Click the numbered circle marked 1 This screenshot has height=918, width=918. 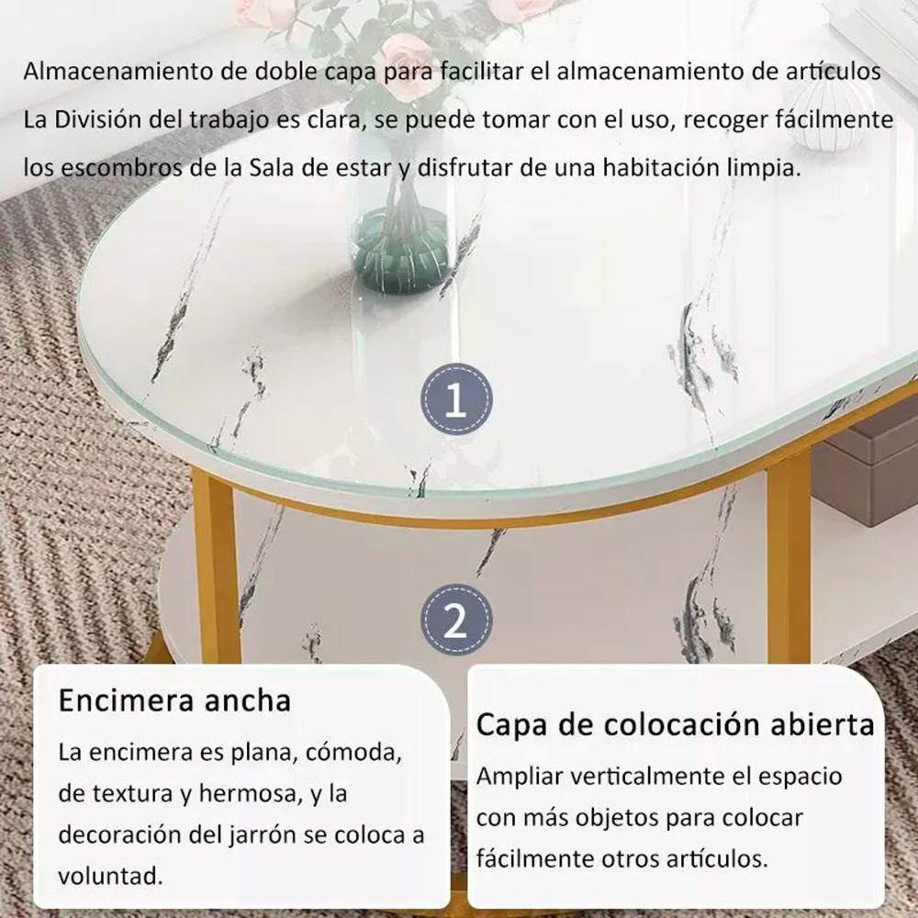456,399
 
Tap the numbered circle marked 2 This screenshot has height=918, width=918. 456,620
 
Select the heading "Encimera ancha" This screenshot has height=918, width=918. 174,700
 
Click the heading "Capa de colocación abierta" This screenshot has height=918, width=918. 675,725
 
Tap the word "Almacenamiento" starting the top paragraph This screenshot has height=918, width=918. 118,72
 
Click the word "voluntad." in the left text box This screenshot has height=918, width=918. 110,877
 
